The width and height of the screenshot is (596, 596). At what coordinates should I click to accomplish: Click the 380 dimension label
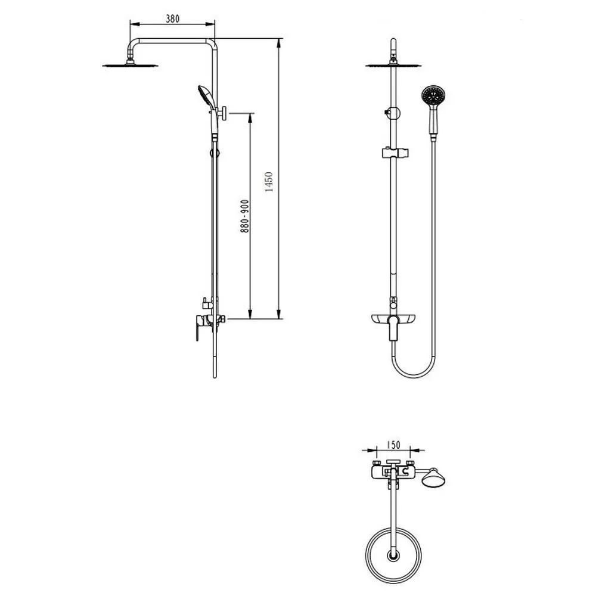(x=173, y=18)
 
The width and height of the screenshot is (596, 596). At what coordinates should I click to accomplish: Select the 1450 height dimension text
(x=269, y=182)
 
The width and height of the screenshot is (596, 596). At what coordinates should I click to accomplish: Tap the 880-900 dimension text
(x=244, y=216)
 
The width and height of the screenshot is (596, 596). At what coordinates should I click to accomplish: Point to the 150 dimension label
(x=393, y=445)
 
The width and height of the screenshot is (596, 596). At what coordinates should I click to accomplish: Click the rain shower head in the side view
(x=131, y=66)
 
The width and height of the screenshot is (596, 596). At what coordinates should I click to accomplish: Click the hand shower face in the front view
(x=434, y=95)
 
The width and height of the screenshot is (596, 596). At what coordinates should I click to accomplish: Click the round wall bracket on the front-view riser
(x=394, y=113)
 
